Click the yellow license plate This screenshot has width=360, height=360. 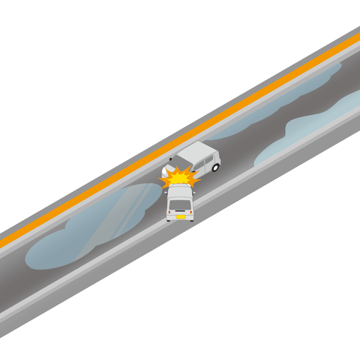point(180,217)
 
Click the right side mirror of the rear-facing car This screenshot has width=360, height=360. point(194,193)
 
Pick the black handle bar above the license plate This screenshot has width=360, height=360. point(180,213)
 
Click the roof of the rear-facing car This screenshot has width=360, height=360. point(180,193)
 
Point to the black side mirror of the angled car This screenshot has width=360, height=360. point(171,159)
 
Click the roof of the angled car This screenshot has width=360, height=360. point(198,151)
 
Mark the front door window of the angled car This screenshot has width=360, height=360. point(198,167)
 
